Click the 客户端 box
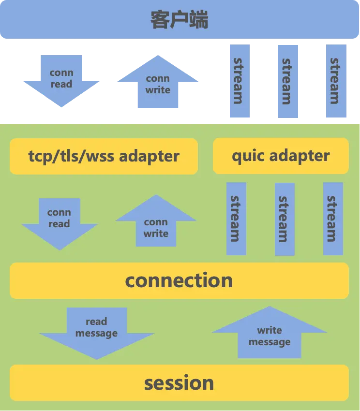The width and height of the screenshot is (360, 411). [180, 20]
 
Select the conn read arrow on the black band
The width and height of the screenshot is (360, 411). [60, 80]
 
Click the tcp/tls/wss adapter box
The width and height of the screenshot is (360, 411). [104, 156]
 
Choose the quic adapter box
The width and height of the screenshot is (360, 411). [281, 156]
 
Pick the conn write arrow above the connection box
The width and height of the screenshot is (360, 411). [156, 224]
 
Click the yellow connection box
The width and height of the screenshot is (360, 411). [179, 280]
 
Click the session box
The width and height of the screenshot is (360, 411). [179, 383]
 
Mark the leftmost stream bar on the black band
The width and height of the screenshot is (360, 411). [239, 81]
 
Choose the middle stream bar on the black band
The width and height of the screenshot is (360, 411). [286, 81]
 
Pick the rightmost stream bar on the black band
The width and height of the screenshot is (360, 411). [336, 81]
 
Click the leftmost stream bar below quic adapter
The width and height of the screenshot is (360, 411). [236, 219]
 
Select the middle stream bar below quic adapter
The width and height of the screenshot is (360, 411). [285, 219]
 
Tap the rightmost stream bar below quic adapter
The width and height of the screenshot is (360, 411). [333, 219]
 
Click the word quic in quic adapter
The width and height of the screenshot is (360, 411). [248, 156]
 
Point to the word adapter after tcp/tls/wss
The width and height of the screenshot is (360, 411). [150, 156]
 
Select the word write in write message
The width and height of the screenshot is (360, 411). [270, 330]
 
